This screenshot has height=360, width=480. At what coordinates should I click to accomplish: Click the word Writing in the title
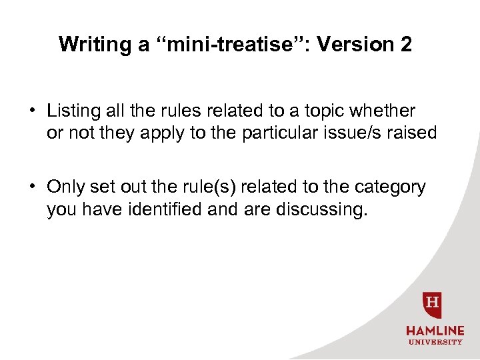click(x=85, y=45)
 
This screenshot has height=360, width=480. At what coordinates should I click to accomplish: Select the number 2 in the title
click(x=405, y=45)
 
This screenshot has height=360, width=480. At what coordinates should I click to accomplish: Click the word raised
click(x=411, y=133)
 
